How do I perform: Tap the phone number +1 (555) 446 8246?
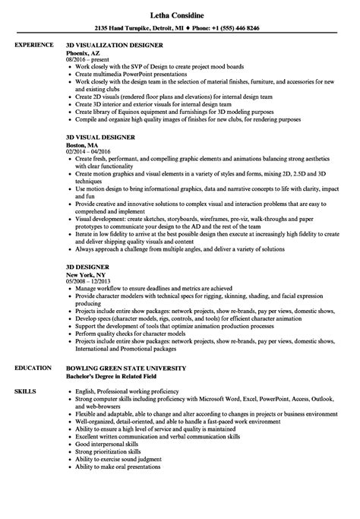[232, 27]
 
